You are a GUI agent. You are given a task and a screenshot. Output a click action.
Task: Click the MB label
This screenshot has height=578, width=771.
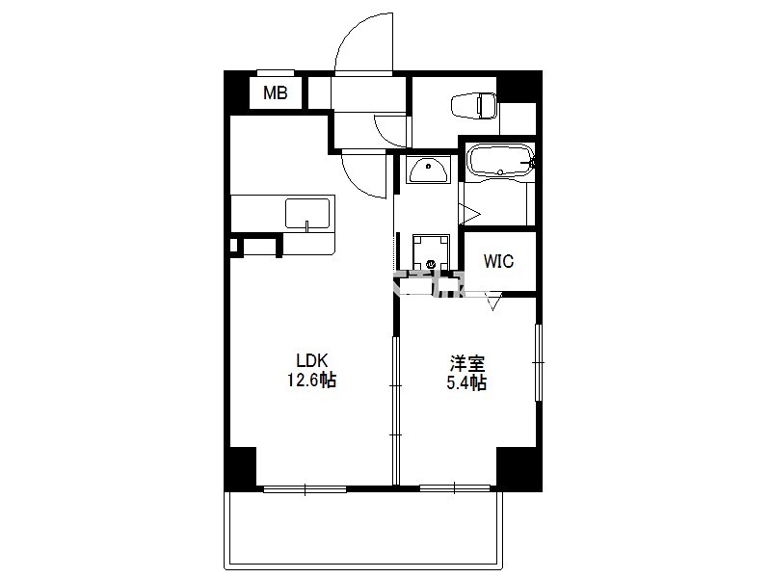(275, 92)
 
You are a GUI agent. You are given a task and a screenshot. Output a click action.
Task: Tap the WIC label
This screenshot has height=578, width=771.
(498, 261)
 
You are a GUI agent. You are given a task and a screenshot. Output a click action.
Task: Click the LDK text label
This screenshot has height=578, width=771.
(311, 360)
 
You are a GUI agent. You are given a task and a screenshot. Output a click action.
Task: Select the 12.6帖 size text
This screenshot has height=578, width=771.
(311, 380)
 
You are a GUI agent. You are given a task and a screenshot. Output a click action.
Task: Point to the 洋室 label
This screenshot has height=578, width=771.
(467, 364)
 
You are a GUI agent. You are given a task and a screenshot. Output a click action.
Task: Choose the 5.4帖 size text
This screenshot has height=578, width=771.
(466, 382)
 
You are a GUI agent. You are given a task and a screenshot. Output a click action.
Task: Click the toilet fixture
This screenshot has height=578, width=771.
(474, 106)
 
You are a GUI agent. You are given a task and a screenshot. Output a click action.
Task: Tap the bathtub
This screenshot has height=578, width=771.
(500, 160)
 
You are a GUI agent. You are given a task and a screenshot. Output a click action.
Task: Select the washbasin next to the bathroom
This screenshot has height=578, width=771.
(428, 170)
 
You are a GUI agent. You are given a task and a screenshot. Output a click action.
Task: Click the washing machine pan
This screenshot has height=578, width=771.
(431, 252)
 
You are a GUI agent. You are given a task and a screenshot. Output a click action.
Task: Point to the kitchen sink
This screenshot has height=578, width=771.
(307, 213)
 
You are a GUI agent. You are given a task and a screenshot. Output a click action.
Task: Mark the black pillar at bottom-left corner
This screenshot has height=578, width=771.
(241, 467)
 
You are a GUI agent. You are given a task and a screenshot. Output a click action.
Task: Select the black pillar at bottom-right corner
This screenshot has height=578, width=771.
(518, 467)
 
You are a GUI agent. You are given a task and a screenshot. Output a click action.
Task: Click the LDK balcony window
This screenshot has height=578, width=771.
(305, 489)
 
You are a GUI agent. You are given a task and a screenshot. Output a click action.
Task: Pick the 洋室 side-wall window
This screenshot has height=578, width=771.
(539, 362)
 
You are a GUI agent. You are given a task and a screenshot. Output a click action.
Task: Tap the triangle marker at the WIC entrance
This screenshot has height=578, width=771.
(493, 302)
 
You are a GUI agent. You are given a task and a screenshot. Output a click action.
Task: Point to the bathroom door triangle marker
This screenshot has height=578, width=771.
(468, 214)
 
